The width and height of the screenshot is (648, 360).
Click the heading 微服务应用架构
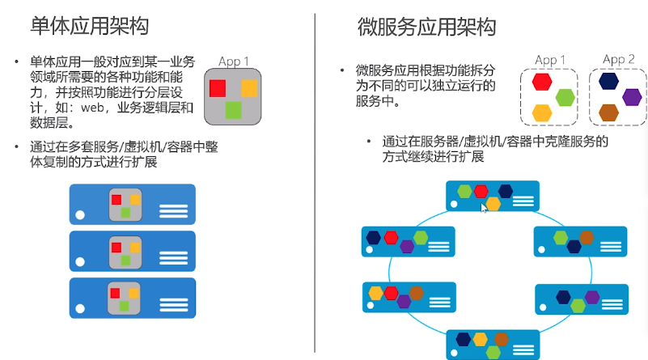(426, 27)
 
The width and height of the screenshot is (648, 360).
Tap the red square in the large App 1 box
(217, 88)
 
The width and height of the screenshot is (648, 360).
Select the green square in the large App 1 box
(233, 109)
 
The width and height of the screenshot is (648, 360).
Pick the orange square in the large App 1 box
(249, 88)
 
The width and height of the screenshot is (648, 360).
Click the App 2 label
(619, 59)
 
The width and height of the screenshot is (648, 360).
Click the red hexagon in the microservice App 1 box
(541, 82)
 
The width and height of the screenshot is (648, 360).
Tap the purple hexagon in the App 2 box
(633, 97)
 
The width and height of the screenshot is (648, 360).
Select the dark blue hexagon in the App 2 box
(609, 80)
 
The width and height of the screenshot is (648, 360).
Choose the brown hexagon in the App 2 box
(609, 112)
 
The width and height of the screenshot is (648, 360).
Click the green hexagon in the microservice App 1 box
(565, 98)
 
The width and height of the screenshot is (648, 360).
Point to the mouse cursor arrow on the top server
(484, 207)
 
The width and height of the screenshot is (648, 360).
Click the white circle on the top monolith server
(79, 215)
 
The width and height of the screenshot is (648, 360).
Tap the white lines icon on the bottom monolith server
(173, 304)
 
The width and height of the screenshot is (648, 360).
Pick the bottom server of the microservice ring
(493, 344)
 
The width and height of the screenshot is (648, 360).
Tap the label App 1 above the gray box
(234, 61)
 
